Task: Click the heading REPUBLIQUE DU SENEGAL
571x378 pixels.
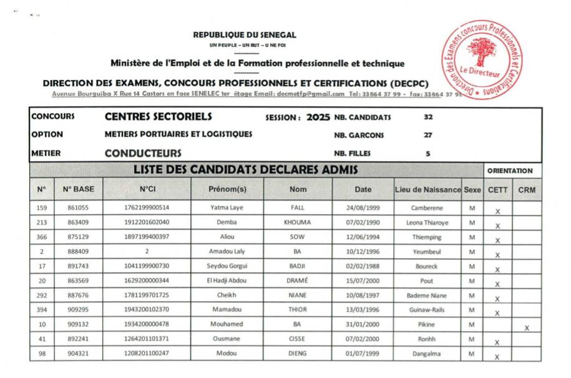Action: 245,35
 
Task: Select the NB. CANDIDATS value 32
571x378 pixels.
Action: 428,117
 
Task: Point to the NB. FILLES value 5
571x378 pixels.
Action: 427,153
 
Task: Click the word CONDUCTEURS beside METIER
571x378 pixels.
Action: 143,153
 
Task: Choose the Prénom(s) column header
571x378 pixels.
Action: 227,189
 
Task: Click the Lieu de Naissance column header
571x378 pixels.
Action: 427,189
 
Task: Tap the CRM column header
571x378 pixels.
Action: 527,189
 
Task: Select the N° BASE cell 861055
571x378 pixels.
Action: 78,207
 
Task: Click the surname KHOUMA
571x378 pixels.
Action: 298,222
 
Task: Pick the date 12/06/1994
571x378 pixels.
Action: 363,237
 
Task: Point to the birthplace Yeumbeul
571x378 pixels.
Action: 426,252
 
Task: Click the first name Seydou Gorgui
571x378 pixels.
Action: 227,266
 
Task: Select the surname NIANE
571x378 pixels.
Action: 298,296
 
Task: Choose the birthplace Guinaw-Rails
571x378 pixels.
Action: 426,310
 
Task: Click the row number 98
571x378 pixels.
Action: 41,354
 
